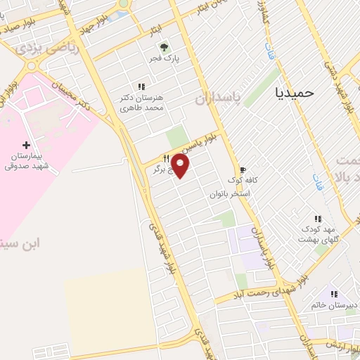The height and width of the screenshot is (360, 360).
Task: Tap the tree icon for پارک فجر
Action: pyautogui.click(x=163, y=49)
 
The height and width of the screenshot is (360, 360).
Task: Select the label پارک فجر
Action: pyautogui.click(x=163, y=60)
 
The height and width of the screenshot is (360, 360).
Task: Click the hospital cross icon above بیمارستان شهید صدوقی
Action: pyautogui.click(x=27, y=143)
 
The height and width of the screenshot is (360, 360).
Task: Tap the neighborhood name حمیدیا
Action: pyautogui.click(x=296, y=92)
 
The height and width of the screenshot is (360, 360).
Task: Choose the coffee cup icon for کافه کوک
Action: pyautogui.click(x=243, y=169)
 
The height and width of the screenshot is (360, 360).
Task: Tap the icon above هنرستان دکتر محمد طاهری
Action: pyautogui.click(x=141, y=86)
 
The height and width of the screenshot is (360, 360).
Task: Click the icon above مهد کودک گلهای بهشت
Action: pyautogui.click(x=317, y=218)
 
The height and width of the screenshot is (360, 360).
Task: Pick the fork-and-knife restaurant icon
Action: pyautogui.click(x=166, y=157)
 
